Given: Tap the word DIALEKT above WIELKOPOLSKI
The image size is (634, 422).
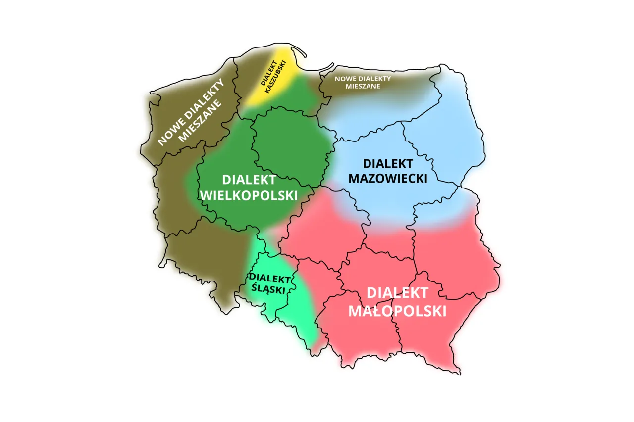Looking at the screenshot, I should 249,180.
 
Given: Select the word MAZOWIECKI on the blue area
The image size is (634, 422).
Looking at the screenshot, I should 387,178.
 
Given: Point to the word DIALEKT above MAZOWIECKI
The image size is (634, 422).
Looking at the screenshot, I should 387,163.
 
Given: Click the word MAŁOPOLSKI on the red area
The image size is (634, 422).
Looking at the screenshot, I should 398,311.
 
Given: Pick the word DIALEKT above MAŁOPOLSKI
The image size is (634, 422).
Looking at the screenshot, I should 397,293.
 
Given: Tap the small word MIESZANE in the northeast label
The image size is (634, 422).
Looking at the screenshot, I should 363,86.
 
